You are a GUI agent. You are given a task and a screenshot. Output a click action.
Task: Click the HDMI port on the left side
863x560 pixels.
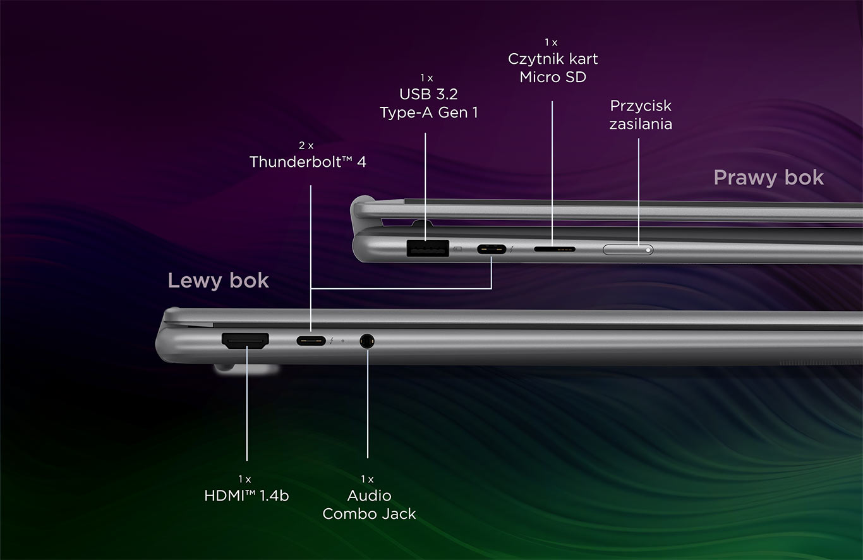click(245, 342)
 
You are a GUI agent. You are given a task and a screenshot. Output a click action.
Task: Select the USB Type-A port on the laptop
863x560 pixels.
click(427, 248)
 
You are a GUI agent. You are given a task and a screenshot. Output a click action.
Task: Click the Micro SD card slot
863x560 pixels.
click(555, 249)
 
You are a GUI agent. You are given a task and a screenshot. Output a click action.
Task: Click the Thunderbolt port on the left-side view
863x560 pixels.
click(311, 341)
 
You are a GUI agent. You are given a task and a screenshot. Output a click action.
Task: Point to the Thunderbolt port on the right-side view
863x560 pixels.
click(492, 249)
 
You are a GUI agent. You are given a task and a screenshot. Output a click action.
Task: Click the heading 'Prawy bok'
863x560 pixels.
click(768, 178)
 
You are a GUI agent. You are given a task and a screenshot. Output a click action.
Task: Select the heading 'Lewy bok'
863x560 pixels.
click(219, 280)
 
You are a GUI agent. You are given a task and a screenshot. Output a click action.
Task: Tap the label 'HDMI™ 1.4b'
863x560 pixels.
click(246, 496)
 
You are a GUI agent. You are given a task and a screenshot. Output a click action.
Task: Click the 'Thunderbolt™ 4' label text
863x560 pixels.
click(308, 162)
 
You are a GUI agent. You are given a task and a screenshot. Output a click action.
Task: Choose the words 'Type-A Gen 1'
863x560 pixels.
click(428, 113)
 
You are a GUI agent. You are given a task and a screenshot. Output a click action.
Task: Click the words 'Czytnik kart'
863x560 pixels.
click(553, 59)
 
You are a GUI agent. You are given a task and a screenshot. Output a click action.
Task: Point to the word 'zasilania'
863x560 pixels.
click(641, 123)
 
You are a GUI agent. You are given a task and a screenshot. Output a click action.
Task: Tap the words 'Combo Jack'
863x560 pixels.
click(369, 514)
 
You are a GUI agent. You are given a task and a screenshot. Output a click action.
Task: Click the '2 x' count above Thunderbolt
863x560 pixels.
click(306, 145)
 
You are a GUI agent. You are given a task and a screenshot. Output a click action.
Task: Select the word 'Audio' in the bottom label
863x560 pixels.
click(369, 496)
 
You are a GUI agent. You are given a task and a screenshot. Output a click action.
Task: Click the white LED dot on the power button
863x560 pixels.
click(648, 250)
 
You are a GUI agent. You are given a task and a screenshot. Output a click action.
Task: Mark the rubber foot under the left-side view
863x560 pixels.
click(246, 370)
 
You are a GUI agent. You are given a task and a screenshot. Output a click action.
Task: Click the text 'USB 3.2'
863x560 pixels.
click(428, 94)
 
